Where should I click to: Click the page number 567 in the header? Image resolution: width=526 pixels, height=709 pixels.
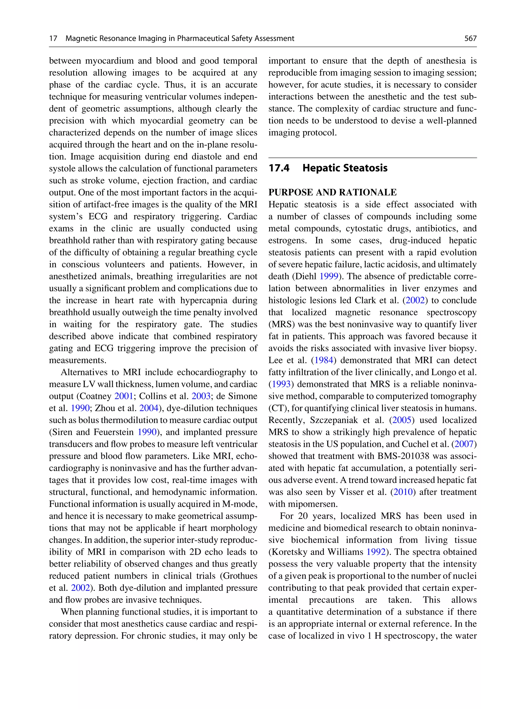pos(470,39)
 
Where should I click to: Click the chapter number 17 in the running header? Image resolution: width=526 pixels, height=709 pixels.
pos(53,39)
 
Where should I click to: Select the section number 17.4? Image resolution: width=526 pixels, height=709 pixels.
pos(279,168)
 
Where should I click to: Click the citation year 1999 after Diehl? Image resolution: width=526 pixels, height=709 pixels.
pos(328,276)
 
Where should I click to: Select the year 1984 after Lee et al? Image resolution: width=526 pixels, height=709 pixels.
pos(324,360)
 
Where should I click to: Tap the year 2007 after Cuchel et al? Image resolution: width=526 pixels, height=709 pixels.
pos(464,444)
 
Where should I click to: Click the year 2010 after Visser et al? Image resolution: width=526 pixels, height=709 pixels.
pos(403,492)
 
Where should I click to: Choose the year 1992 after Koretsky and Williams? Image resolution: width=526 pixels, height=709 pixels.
pos(376,552)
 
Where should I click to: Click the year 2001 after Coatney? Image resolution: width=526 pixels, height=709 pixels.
pos(124,396)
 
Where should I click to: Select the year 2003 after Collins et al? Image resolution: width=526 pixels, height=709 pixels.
pos(201,396)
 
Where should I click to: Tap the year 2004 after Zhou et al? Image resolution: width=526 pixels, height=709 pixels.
pos(149,408)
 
